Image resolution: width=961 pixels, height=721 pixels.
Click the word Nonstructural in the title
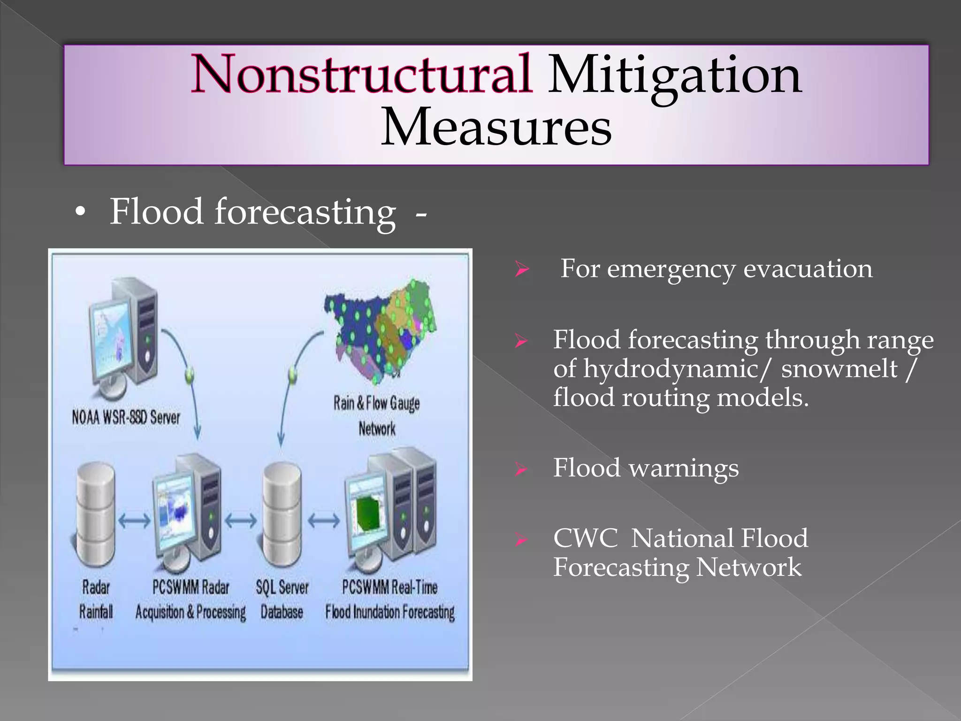click(x=360, y=74)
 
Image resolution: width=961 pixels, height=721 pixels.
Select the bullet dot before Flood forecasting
click(x=80, y=212)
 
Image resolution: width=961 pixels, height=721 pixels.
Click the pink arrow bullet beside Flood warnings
click(x=521, y=469)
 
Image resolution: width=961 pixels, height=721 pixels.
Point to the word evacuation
click(x=808, y=269)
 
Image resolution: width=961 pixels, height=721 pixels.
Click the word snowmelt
click(x=839, y=368)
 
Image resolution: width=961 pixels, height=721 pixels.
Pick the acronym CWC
click(x=585, y=538)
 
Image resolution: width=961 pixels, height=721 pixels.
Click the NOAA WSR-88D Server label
click(x=126, y=417)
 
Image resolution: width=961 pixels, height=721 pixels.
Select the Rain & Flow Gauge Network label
click(x=377, y=415)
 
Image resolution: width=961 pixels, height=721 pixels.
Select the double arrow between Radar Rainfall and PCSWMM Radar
click(x=134, y=521)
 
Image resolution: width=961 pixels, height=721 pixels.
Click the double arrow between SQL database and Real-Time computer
click(x=324, y=521)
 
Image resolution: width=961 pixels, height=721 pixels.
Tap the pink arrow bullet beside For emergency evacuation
click(x=521, y=269)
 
